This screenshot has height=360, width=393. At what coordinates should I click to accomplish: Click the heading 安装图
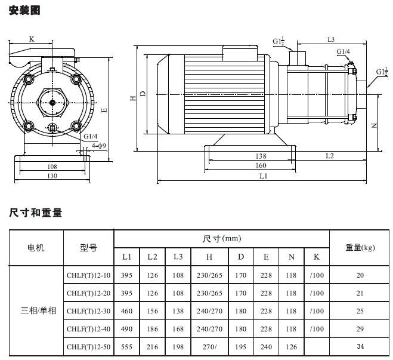[x=24, y=10]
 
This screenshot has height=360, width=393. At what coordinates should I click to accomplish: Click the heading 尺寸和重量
[x=36, y=213]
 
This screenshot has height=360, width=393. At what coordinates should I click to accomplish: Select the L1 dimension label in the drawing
[x=264, y=176]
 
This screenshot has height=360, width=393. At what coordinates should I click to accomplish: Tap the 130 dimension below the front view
[x=52, y=176]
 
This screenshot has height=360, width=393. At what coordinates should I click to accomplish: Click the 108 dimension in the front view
[x=52, y=167]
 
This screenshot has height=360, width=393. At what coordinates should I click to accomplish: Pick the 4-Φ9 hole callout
[x=98, y=146]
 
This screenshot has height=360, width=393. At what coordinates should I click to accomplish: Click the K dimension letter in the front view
[x=32, y=39]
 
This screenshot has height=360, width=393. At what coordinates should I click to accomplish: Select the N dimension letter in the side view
[x=375, y=125]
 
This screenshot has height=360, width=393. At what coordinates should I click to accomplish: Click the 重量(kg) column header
[x=360, y=247]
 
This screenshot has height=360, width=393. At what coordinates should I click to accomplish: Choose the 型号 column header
[x=88, y=247]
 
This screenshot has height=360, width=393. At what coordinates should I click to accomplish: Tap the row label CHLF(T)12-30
[x=89, y=311]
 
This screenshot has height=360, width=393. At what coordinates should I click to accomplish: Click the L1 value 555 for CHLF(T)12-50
[x=127, y=346]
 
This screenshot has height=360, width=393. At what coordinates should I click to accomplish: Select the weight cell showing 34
[x=360, y=346]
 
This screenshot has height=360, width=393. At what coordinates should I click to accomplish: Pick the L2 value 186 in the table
[x=153, y=328]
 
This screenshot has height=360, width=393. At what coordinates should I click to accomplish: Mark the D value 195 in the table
[x=240, y=346]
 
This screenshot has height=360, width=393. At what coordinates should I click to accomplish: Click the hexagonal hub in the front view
[x=52, y=102]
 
